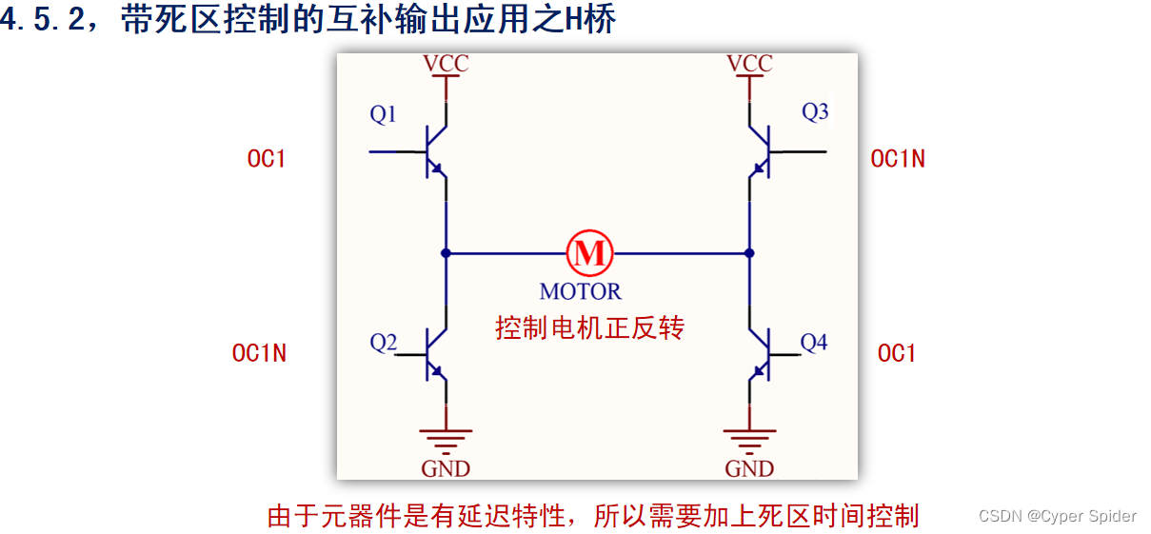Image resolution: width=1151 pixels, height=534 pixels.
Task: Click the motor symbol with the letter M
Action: click(590, 253)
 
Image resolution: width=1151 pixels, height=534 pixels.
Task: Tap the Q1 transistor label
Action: click(384, 115)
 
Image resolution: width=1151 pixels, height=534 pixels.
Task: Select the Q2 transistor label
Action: click(384, 343)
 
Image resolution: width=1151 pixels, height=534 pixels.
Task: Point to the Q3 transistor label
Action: click(815, 112)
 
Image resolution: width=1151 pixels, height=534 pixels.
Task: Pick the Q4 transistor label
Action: click(814, 342)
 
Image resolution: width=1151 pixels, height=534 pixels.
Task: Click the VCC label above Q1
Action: click(446, 64)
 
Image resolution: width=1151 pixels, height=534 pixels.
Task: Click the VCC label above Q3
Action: click(749, 64)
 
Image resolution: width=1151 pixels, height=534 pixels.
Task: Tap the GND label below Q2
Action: click(446, 468)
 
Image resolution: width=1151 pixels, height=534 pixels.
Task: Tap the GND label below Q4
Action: click(749, 468)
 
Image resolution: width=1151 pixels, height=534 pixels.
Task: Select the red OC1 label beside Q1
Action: click(267, 159)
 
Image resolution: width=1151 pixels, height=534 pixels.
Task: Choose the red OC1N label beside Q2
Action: click(259, 353)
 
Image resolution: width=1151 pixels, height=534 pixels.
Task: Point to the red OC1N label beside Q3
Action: click(898, 159)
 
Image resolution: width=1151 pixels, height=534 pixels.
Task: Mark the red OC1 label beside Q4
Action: click(897, 353)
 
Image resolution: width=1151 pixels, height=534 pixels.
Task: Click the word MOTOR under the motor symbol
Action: click(581, 291)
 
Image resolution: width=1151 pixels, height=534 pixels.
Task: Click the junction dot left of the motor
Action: click(446, 253)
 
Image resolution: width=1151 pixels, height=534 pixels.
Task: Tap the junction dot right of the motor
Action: click(749, 253)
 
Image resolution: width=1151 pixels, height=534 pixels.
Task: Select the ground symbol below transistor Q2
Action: click(446, 439)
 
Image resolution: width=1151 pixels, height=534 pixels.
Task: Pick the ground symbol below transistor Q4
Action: click(749, 439)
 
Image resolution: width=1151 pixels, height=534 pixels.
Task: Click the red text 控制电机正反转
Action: click(590, 328)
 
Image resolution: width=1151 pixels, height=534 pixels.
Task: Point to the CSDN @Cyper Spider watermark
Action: click(1057, 516)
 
